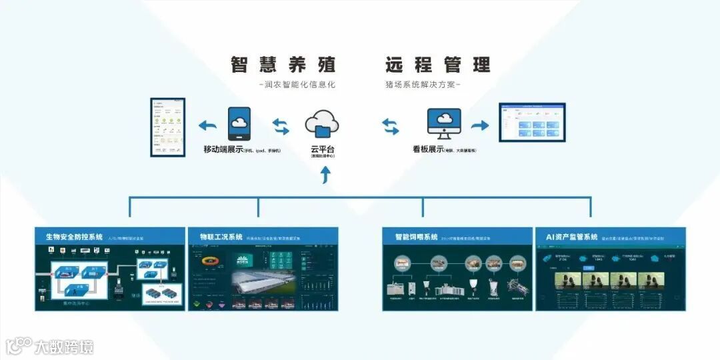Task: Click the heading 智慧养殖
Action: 283,65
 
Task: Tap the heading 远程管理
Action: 437,65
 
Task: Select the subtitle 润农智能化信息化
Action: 297,85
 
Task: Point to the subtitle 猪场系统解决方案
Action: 423,85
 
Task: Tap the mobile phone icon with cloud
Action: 239,123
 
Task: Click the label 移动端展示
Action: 223,149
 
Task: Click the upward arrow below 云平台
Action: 325,175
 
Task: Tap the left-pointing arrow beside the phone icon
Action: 209,125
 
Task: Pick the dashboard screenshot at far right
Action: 533,123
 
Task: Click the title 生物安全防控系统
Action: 74,237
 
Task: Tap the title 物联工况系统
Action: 221,237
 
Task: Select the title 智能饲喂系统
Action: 416,237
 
